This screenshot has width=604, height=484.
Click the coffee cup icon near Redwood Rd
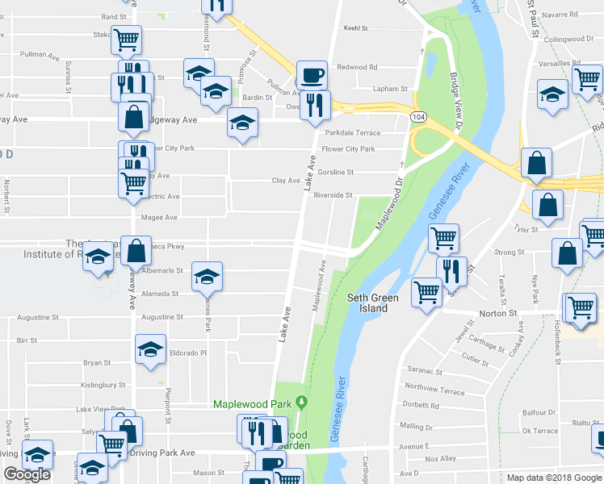312,75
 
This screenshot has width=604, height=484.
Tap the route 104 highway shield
417,117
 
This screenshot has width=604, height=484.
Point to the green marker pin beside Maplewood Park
302,401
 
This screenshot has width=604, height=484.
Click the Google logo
27,474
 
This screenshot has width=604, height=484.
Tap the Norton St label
501,312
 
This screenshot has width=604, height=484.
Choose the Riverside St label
333,195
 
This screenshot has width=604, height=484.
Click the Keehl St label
355,28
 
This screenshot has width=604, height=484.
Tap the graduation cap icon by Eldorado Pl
150,350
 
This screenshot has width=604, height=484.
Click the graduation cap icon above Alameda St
207,277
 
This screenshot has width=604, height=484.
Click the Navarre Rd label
562,15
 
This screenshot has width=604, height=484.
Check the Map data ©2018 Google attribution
554,478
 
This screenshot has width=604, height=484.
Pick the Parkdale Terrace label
352,132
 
